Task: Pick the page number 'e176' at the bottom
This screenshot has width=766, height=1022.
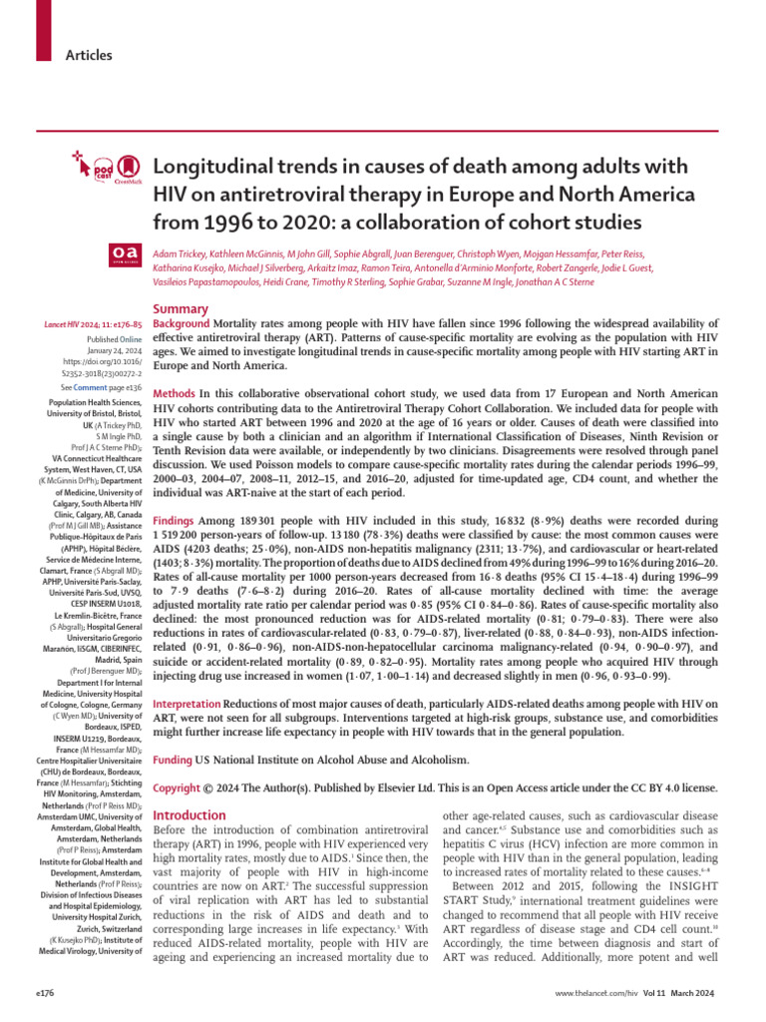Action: click(x=46, y=995)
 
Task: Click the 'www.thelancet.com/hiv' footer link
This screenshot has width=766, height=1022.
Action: click(x=612, y=995)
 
